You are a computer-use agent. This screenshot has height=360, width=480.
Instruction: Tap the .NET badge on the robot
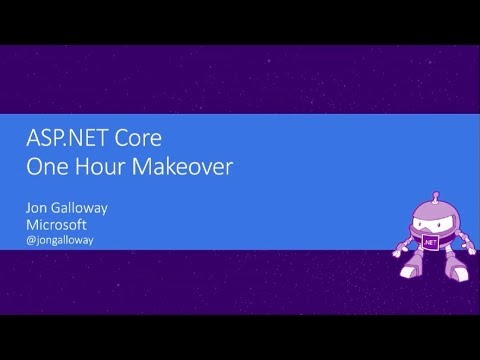(430, 241)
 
